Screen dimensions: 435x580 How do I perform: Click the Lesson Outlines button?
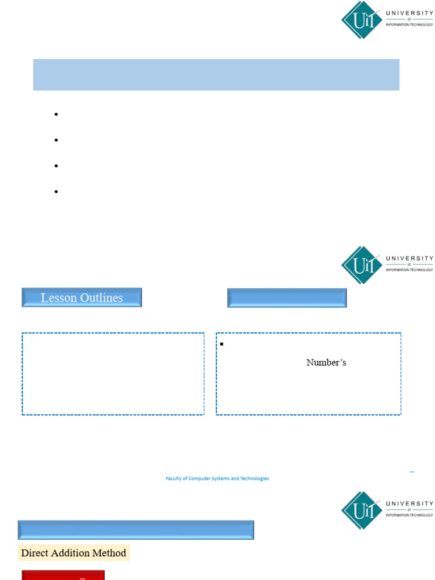[x=82, y=297]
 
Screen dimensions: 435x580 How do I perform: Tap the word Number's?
[x=326, y=362]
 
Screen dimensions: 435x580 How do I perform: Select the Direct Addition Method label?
[x=74, y=553]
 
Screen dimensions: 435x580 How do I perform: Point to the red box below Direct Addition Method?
[x=63, y=575]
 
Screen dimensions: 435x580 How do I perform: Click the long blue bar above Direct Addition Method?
[x=136, y=530]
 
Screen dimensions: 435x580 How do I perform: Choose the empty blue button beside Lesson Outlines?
[x=287, y=298]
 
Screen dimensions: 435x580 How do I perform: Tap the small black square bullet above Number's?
[x=222, y=344]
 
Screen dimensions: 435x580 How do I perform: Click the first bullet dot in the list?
[x=57, y=114]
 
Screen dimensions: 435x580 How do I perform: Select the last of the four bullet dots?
[x=57, y=191]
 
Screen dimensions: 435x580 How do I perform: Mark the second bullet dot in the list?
[x=57, y=140]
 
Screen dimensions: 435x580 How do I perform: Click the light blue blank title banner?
[x=216, y=74]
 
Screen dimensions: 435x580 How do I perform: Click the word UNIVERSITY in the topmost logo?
[x=410, y=13]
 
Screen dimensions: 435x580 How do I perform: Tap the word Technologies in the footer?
[x=254, y=479]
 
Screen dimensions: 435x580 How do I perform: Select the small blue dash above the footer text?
[x=411, y=471]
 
